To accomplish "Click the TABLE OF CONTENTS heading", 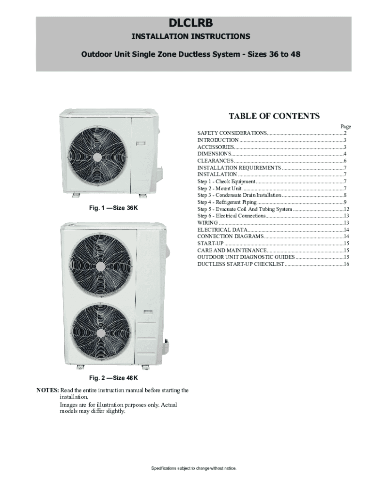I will click(274, 116).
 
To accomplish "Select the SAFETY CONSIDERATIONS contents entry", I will click(232, 133).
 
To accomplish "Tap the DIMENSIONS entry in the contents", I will click(215, 154).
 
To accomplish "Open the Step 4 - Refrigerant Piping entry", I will click(227, 202).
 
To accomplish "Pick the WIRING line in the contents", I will click(207, 222).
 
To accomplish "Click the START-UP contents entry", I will click(210, 243).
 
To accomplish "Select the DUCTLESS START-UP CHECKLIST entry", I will click(241, 264).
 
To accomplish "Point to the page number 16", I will click(346, 264).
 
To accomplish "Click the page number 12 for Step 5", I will click(346, 209).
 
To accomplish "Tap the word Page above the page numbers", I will click(345, 126).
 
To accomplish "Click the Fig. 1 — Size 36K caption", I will click(113, 208).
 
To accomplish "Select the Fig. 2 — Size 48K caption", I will click(113, 377).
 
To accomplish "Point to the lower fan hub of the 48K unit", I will click(100, 333).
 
